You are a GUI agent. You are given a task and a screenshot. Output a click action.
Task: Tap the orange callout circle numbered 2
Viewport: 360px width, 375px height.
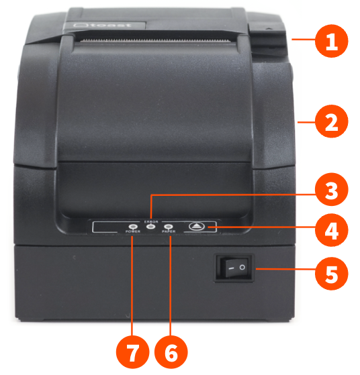332,122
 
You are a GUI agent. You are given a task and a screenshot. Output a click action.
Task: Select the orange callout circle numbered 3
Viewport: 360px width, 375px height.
331,191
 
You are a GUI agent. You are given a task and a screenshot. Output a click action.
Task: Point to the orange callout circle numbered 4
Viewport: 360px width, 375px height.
332,231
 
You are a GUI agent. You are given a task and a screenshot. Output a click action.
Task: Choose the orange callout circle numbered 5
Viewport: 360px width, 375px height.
332,273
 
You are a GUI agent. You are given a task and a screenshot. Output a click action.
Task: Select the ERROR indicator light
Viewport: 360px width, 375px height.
150,227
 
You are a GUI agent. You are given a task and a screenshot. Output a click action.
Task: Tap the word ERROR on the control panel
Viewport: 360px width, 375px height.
150,220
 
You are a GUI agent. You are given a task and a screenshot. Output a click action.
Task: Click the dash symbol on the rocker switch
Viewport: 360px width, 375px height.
228,268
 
